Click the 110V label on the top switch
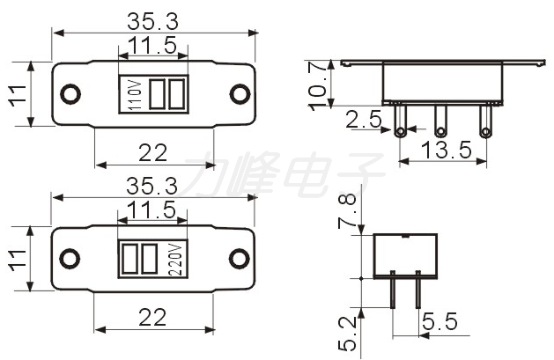(136, 95)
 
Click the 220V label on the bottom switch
(175, 260)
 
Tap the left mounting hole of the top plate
(70, 94)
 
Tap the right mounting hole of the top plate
(240, 94)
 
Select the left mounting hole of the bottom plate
(70, 259)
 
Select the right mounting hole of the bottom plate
(240, 259)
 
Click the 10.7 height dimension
(318, 85)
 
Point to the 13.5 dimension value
(447, 150)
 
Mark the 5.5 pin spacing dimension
(440, 321)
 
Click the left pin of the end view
(393, 290)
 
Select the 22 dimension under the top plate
(152, 153)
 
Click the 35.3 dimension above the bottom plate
(152, 186)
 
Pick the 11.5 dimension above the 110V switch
(152, 45)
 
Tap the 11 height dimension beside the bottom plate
(18, 260)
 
